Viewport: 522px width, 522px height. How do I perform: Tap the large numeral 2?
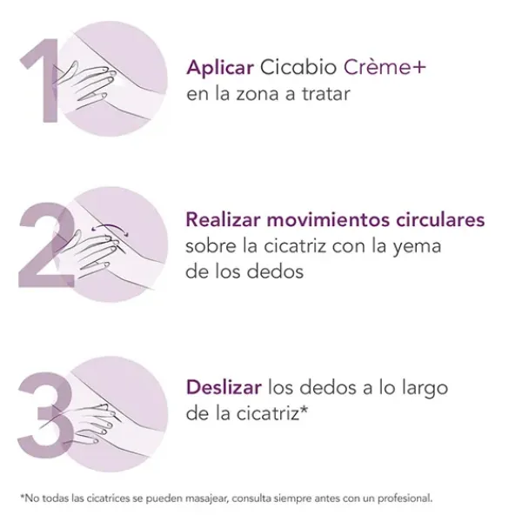pyautogui.click(x=47, y=244)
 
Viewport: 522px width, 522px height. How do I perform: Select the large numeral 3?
pyautogui.click(x=45, y=415)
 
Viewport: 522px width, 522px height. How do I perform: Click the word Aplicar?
pyautogui.click(x=220, y=68)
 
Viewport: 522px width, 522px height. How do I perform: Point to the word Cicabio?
pyautogui.click(x=298, y=67)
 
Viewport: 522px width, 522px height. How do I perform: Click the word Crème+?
pyautogui.click(x=385, y=67)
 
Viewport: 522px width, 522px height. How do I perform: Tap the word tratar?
pyautogui.click(x=326, y=94)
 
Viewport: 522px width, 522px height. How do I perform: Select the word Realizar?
pyautogui.click(x=223, y=220)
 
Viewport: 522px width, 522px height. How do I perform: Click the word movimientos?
pyautogui.click(x=328, y=220)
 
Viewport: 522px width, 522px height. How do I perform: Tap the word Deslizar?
pyautogui.click(x=224, y=387)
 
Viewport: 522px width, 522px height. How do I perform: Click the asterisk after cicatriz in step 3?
pyautogui.click(x=304, y=409)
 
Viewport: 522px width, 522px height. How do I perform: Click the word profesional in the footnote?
pyautogui.click(x=405, y=499)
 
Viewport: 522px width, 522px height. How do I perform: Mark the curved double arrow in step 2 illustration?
pyautogui.click(x=110, y=228)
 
